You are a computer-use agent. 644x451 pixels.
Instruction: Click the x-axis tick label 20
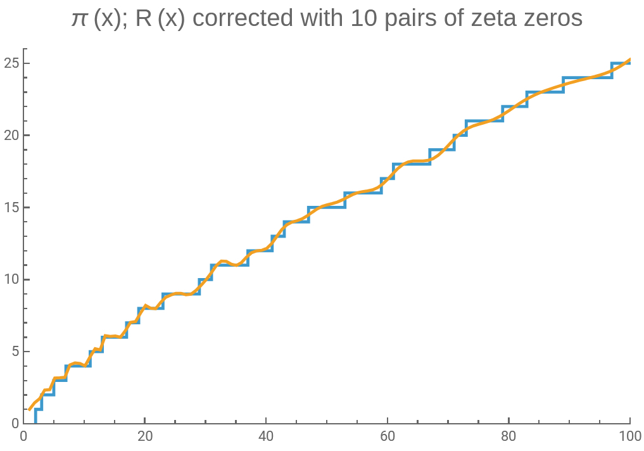[x=145, y=436]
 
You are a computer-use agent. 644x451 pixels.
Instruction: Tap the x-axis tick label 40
[x=266, y=436]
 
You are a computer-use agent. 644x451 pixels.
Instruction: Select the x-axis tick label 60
[x=388, y=436]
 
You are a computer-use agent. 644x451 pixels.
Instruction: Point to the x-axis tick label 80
[x=508, y=436]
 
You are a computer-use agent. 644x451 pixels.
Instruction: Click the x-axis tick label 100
[x=629, y=436]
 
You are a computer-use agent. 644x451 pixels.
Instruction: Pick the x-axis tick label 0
[x=23, y=436]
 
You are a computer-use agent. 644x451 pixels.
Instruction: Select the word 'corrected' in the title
[x=239, y=18]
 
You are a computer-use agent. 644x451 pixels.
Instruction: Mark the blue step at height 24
[x=588, y=78]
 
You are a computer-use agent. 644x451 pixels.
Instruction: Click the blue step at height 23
[x=545, y=92]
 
